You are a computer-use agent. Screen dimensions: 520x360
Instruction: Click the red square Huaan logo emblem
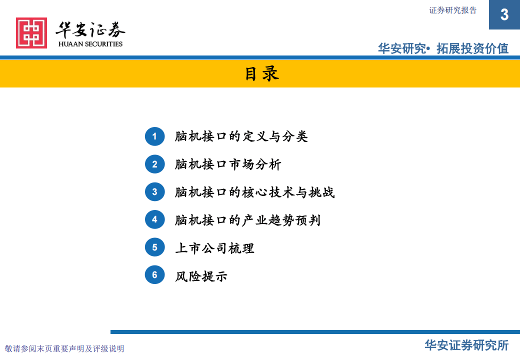31,33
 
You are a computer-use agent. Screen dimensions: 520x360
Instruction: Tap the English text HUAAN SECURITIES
90,44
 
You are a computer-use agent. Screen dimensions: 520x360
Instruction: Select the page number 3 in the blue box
504,14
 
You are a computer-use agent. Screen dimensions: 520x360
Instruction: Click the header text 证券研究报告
453,10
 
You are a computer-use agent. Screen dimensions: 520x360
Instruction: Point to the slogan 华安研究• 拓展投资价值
443,48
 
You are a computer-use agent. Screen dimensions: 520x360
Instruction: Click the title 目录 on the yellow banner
262,73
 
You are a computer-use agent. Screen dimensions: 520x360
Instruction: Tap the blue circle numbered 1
154,136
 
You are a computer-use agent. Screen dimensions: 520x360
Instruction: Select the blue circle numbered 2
154,164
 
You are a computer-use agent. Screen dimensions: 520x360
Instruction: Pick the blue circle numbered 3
154,191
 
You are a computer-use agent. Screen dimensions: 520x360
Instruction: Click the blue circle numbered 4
154,219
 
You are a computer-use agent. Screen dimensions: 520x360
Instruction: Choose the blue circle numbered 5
154,247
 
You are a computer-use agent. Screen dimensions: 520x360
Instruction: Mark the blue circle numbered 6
154,275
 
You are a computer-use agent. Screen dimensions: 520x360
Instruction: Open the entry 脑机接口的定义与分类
241,136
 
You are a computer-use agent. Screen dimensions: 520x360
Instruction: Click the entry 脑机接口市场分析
228,164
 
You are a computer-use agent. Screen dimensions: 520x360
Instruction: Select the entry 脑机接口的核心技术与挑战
254,192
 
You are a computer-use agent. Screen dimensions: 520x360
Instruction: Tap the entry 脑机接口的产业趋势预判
247,220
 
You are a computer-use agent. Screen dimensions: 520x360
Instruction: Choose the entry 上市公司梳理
214,247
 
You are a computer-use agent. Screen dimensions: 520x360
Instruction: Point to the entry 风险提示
201,275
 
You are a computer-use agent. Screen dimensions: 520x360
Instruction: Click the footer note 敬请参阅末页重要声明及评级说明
64,348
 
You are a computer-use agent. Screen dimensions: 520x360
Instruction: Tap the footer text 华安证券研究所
466,345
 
